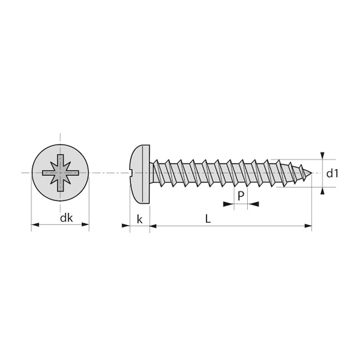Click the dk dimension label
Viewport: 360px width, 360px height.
[66, 218]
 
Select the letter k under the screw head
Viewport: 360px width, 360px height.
[139, 219]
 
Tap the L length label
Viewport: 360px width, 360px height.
[208, 219]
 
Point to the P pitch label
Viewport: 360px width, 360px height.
[241, 196]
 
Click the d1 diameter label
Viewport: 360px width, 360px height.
[332, 173]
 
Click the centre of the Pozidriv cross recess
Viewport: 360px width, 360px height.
[60, 173]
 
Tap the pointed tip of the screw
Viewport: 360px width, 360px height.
[311, 175]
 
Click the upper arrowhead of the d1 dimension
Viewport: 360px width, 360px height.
[322, 155]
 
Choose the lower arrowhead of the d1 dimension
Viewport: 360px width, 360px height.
[322, 191]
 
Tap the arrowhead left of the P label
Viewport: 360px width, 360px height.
[228, 204]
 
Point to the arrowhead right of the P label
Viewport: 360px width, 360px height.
[254, 204]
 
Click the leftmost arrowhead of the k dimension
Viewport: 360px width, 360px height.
[126, 226]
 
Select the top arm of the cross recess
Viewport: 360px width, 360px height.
[60, 160]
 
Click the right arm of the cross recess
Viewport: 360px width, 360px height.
[74, 173]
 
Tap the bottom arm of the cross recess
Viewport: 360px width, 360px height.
[60, 187]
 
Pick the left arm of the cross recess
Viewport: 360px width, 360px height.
[46, 173]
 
